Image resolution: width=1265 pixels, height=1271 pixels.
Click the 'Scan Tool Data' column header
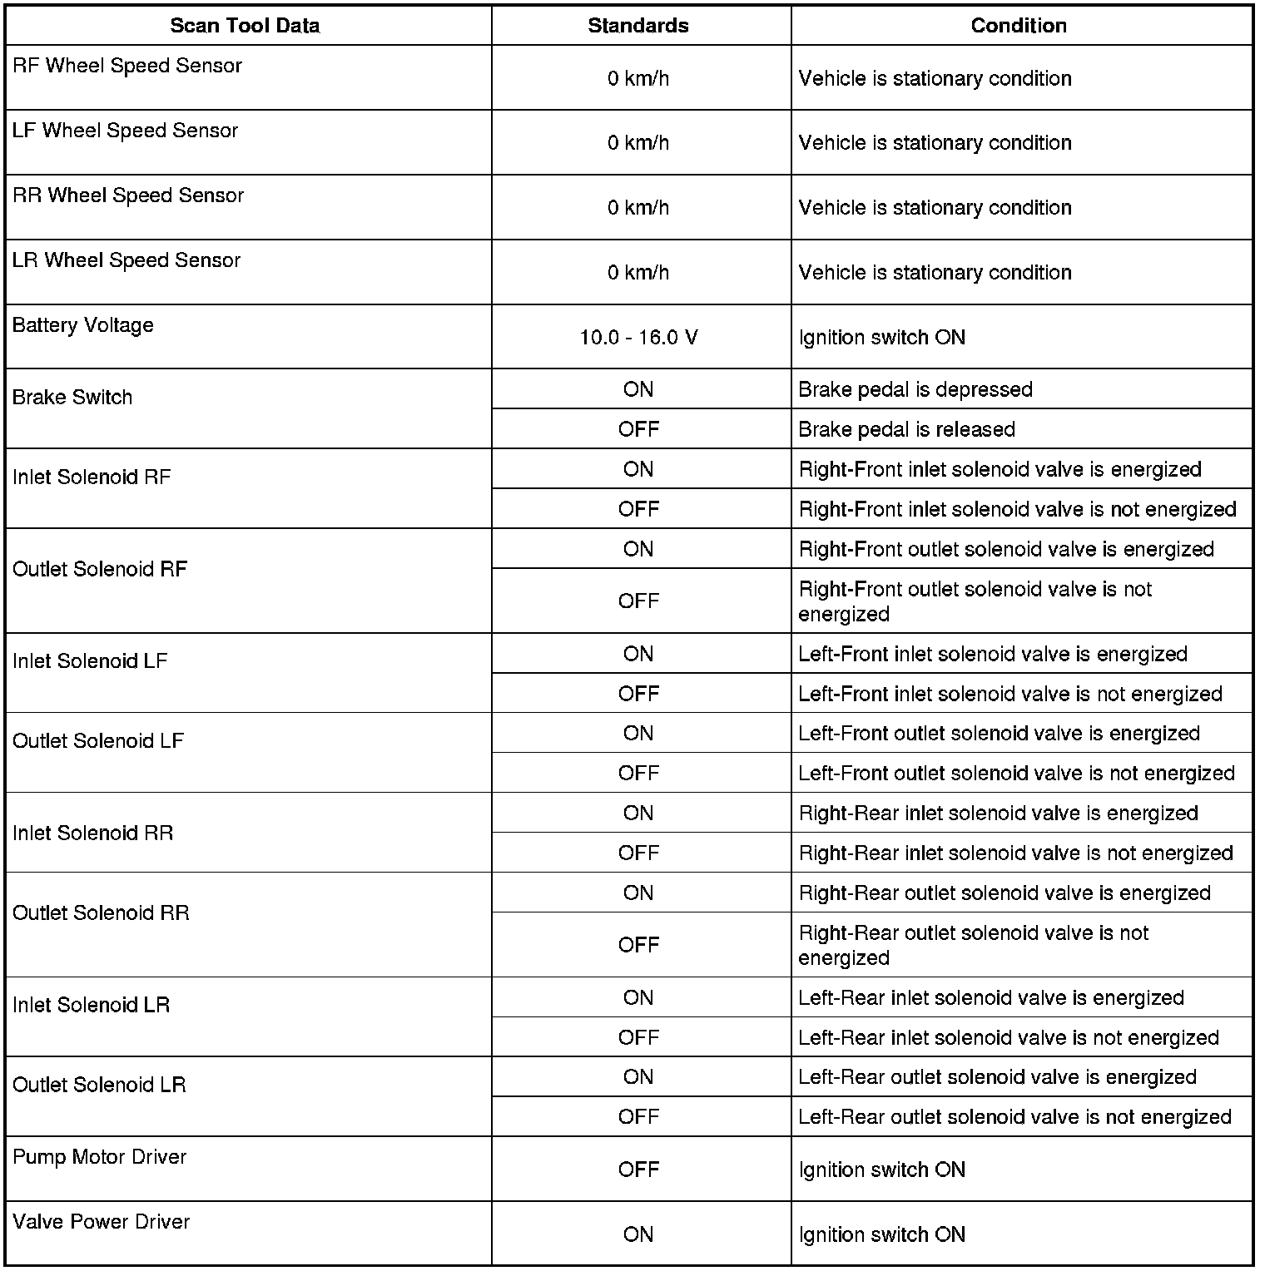point(245,26)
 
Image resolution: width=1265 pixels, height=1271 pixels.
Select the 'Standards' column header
point(638,26)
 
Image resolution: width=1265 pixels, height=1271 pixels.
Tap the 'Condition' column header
point(1019,26)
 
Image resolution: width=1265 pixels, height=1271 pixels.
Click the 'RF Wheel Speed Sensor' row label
point(127,66)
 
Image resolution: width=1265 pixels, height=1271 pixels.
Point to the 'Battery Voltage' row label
point(83,325)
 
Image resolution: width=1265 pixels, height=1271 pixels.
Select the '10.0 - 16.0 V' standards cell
point(638,338)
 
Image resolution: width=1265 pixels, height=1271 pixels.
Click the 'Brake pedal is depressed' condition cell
point(915,389)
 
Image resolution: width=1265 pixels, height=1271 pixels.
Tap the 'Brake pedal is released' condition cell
point(906,429)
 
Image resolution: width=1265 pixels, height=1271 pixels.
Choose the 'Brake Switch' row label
point(72,398)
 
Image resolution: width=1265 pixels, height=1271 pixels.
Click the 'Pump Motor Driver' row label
point(100,1157)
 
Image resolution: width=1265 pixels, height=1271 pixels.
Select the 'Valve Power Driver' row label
point(102,1222)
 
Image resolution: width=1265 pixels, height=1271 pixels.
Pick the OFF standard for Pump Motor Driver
point(638,1170)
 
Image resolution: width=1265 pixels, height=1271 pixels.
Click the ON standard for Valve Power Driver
point(638,1234)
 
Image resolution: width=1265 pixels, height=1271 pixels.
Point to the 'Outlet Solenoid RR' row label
point(101,913)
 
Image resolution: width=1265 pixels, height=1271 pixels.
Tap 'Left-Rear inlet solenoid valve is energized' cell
point(991,997)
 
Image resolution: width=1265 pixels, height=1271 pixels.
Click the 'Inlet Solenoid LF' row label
point(90,661)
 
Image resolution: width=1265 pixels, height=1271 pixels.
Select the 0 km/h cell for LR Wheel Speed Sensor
point(638,273)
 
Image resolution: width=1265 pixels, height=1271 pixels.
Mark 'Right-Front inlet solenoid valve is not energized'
point(1017,509)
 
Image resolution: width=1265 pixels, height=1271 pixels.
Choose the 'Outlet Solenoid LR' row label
point(99,1086)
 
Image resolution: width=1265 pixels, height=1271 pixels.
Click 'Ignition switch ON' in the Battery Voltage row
point(882,338)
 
